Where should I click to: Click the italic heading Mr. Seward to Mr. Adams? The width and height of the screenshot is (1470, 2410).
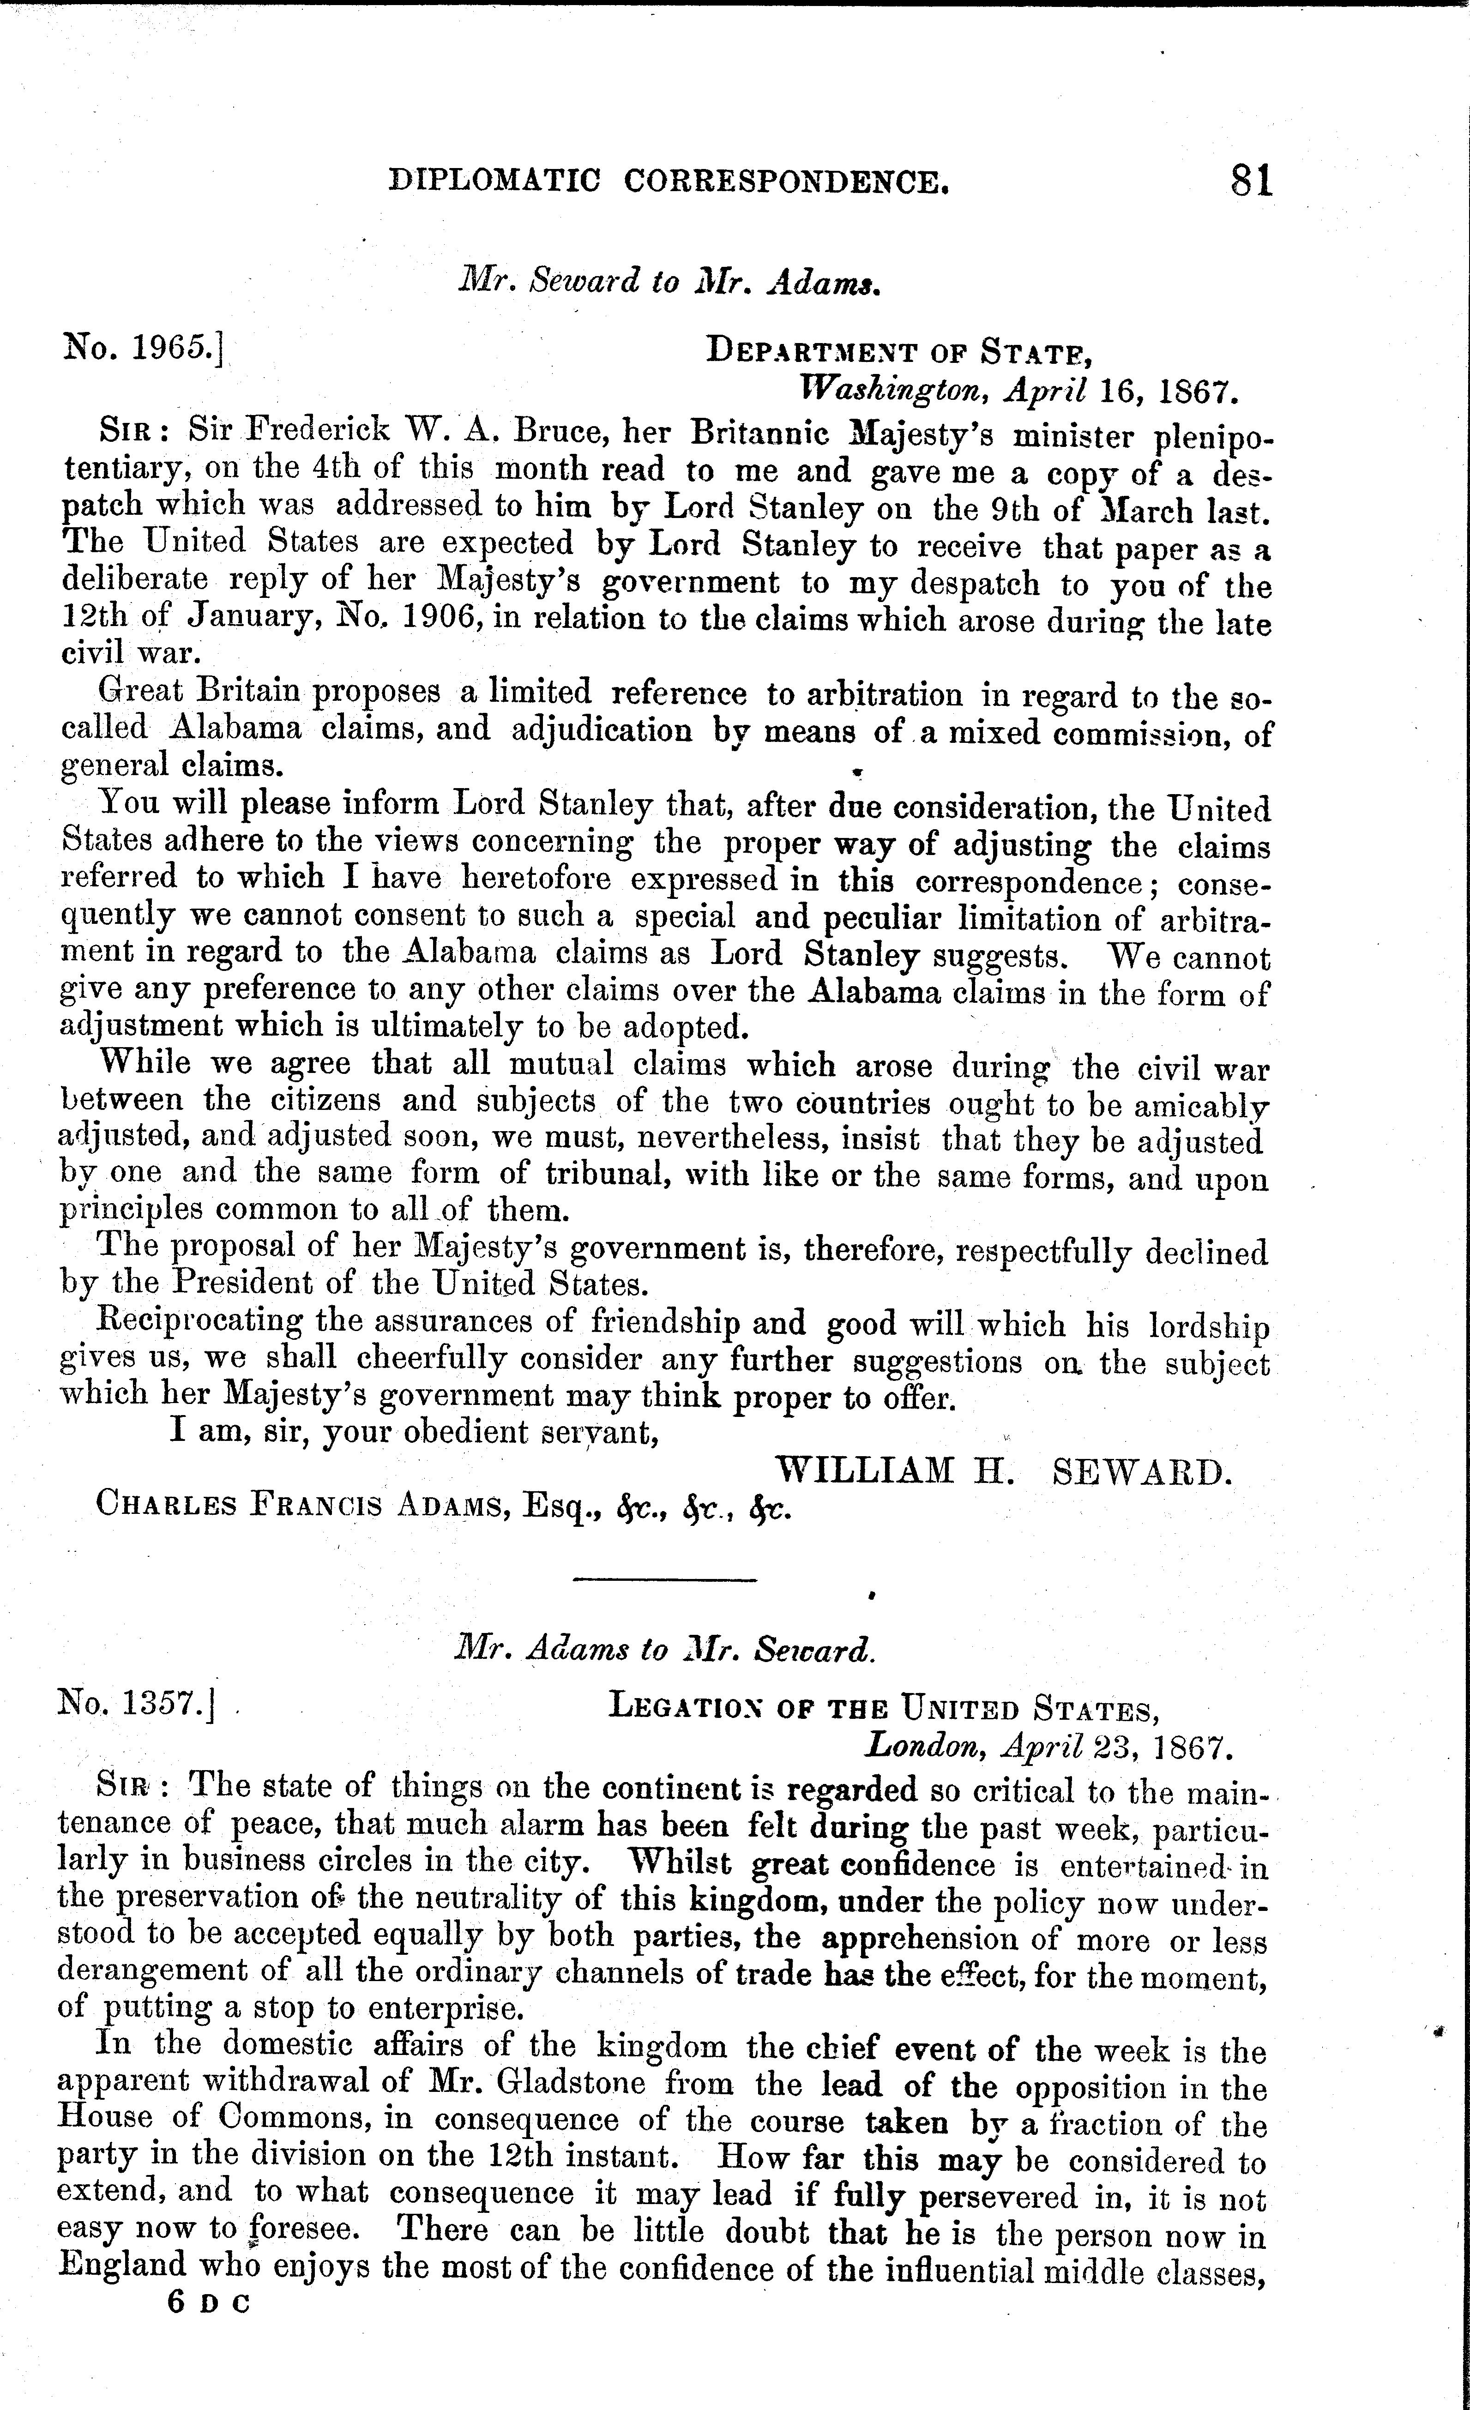[x=671, y=282]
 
